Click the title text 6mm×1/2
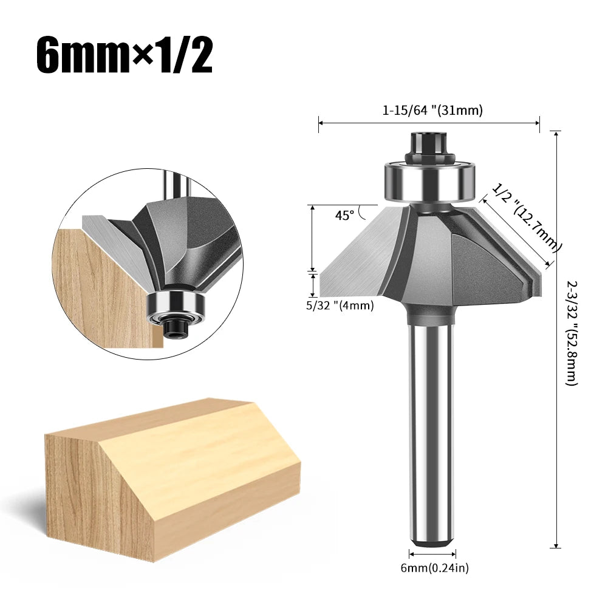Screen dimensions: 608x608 (x=125, y=55)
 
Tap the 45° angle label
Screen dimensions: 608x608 (x=344, y=214)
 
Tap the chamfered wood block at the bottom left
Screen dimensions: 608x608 (x=170, y=480)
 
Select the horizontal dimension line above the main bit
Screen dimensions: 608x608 (x=429, y=123)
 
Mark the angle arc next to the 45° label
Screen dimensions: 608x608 (x=363, y=211)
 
